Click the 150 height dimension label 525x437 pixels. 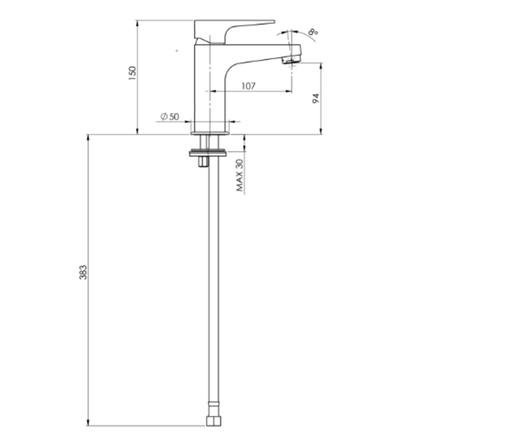[132, 73]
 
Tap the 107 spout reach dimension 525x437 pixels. [248, 86]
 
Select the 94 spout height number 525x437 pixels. [316, 98]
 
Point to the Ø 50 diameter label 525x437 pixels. [170, 117]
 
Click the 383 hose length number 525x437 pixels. [83, 273]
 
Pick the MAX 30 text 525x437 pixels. [240, 175]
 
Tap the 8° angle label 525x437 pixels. [313, 32]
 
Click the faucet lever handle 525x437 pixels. [234, 31]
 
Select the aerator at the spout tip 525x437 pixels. [290, 60]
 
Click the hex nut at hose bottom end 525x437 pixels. [213, 421]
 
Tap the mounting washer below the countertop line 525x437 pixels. [208, 153]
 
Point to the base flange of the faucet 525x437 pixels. [210, 133]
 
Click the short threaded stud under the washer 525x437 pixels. [203, 162]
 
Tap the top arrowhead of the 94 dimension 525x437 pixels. [321, 66]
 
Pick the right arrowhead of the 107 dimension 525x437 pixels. [289, 91]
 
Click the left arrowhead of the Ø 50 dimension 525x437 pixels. [188, 121]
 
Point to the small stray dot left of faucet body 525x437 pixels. [177, 51]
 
